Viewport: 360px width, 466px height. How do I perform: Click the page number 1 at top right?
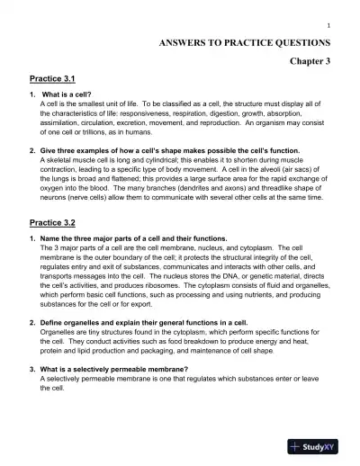click(x=330, y=24)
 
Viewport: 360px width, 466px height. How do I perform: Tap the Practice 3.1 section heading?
click(x=58, y=79)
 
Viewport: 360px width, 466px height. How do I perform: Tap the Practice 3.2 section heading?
click(x=58, y=221)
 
